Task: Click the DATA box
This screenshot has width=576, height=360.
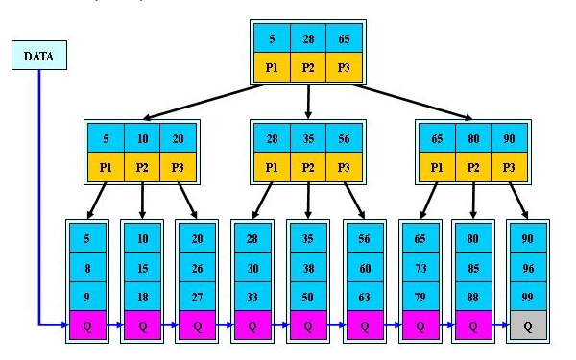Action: coord(39,55)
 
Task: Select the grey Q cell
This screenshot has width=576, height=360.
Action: coord(528,325)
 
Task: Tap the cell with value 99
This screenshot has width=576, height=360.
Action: coord(528,297)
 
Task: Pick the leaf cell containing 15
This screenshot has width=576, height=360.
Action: coord(142,268)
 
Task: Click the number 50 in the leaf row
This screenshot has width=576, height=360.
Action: coord(308,297)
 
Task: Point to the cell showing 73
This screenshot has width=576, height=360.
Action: coord(420,268)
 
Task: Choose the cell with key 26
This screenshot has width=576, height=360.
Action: coord(197,268)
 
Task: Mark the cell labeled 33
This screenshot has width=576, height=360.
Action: coord(252,297)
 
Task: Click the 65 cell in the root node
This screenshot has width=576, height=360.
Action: coord(344,38)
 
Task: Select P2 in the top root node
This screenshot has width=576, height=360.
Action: coord(308,67)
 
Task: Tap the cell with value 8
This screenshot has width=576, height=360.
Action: coord(87,268)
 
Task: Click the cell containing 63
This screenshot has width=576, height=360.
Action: coord(365,297)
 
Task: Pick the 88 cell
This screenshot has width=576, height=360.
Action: coord(473,297)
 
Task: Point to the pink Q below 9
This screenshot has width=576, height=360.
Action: coord(87,325)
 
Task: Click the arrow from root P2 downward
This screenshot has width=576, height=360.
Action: coord(308,102)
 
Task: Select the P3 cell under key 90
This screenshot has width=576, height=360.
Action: coord(509,167)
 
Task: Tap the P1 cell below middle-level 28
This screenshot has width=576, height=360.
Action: coord(272,167)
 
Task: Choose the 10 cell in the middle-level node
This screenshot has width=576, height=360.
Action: coord(142,138)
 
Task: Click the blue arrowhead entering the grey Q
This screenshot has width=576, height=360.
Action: coord(506,324)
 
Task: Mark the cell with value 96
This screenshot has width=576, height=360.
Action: coord(528,268)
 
